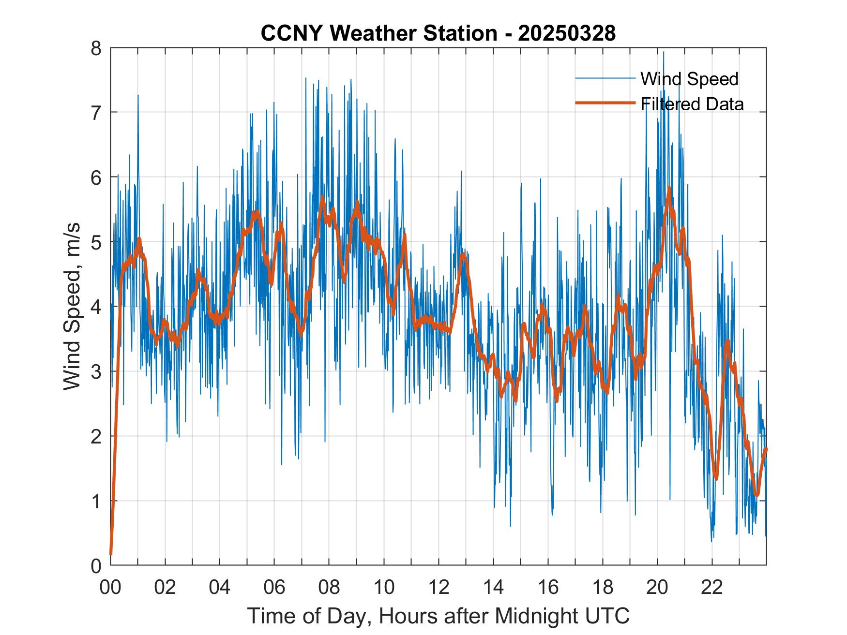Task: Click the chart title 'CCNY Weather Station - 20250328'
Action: [438, 33]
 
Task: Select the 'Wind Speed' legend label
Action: [689, 79]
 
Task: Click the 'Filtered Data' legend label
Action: [692, 104]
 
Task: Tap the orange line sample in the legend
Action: [605, 103]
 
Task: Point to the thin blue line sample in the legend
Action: [605, 78]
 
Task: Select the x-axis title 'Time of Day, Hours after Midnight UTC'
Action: [439, 616]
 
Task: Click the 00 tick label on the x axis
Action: [110, 588]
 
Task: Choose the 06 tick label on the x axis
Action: [274, 588]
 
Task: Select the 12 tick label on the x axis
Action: [439, 588]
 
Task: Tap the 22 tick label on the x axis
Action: [712, 588]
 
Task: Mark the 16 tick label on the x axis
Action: [548, 588]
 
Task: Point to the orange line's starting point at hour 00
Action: [111, 554]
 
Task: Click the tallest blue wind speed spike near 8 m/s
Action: [664, 52]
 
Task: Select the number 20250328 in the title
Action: [567, 33]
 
